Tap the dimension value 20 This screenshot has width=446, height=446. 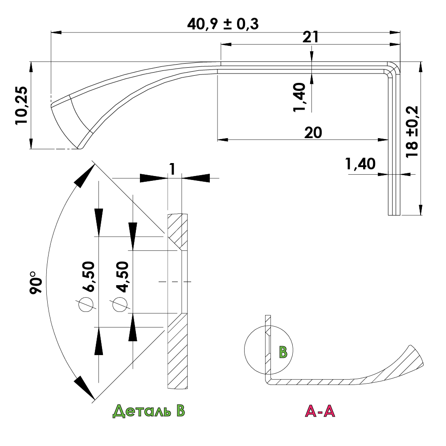click(x=313, y=132)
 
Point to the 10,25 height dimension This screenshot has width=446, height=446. click(x=21, y=105)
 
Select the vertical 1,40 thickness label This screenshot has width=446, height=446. click(x=300, y=97)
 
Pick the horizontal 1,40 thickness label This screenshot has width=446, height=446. click(x=360, y=164)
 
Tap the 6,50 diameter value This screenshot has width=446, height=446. click(x=88, y=276)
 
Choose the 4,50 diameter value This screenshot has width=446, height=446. click(x=121, y=276)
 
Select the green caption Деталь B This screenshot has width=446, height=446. click(x=148, y=411)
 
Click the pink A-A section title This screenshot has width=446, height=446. click(x=319, y=411)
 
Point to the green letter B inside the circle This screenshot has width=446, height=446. click(x=283, y=352)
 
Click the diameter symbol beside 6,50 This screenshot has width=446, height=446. click(x=86, y=304)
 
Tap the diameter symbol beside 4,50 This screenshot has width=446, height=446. click(x=119, y=304)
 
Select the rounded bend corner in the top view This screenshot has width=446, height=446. click(x=393, y=69)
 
